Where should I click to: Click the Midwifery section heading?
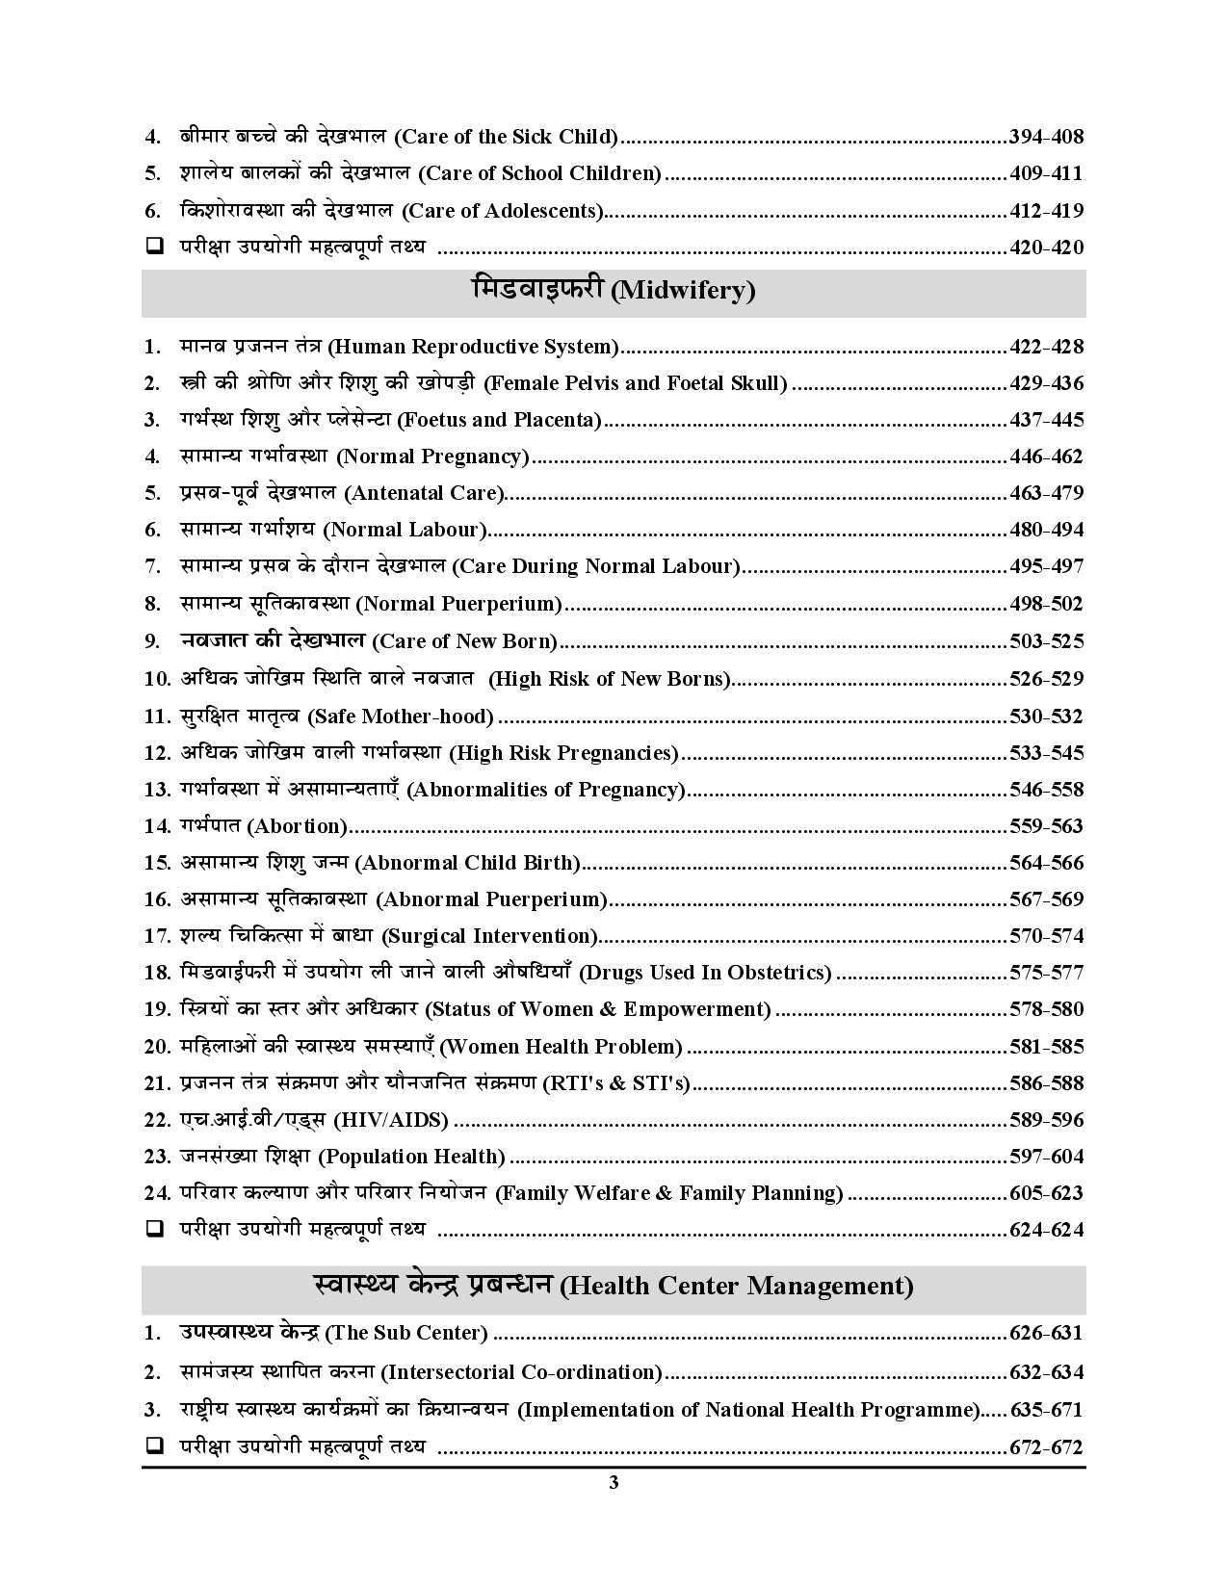(x=614, y=290)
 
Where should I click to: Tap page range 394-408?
(x=1046, y=137)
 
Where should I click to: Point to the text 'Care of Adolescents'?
(x=502, y=211)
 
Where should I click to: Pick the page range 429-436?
(x=1046, y=383)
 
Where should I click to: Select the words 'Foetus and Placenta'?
(x=499, y=420)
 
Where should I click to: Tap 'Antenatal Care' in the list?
(x=424, y=493)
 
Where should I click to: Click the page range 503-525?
(x=1046, y=641)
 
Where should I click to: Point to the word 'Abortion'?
(x=298, y=826)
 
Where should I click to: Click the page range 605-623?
(x=1046, y=1193)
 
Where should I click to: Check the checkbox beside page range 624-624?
(x=153, y=1229)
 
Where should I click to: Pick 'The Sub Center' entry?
(x=406, y=1334)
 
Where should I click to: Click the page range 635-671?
(x=1046, y=1411)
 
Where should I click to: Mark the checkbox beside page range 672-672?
(x=153, y=1446)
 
